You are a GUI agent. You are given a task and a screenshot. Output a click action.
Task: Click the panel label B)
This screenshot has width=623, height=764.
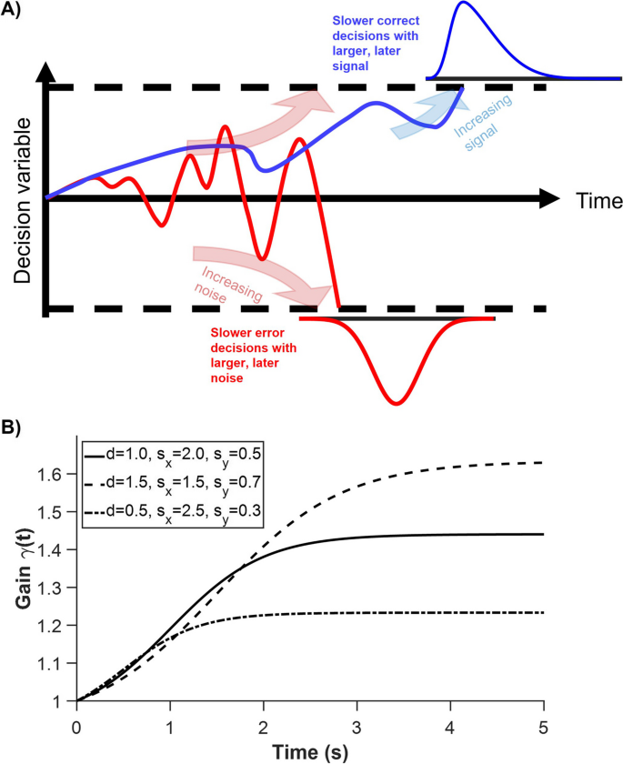16,425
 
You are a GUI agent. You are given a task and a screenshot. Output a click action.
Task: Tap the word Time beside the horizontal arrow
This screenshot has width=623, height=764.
598,199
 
